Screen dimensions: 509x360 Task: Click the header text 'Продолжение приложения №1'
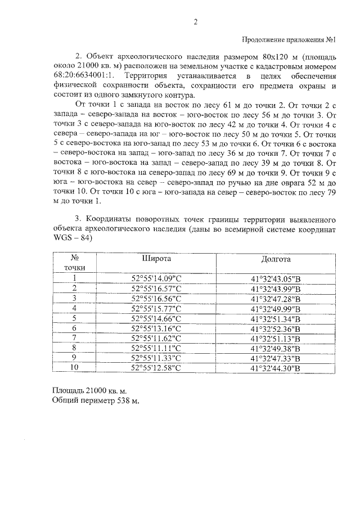[x=289, y=40]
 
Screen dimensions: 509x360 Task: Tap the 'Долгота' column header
[x=276, y=260]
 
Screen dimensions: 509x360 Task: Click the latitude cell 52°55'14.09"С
[x=155, y=278]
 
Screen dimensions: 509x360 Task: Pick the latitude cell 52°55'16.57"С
[x=155, y=289]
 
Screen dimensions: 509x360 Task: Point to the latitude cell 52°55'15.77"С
[x=155, y=308]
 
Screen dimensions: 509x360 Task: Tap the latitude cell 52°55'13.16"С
[x=155, y=328]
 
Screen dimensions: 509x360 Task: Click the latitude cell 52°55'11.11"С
[x=155, y=349]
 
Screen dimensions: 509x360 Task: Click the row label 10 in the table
[x=74, y=368]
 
